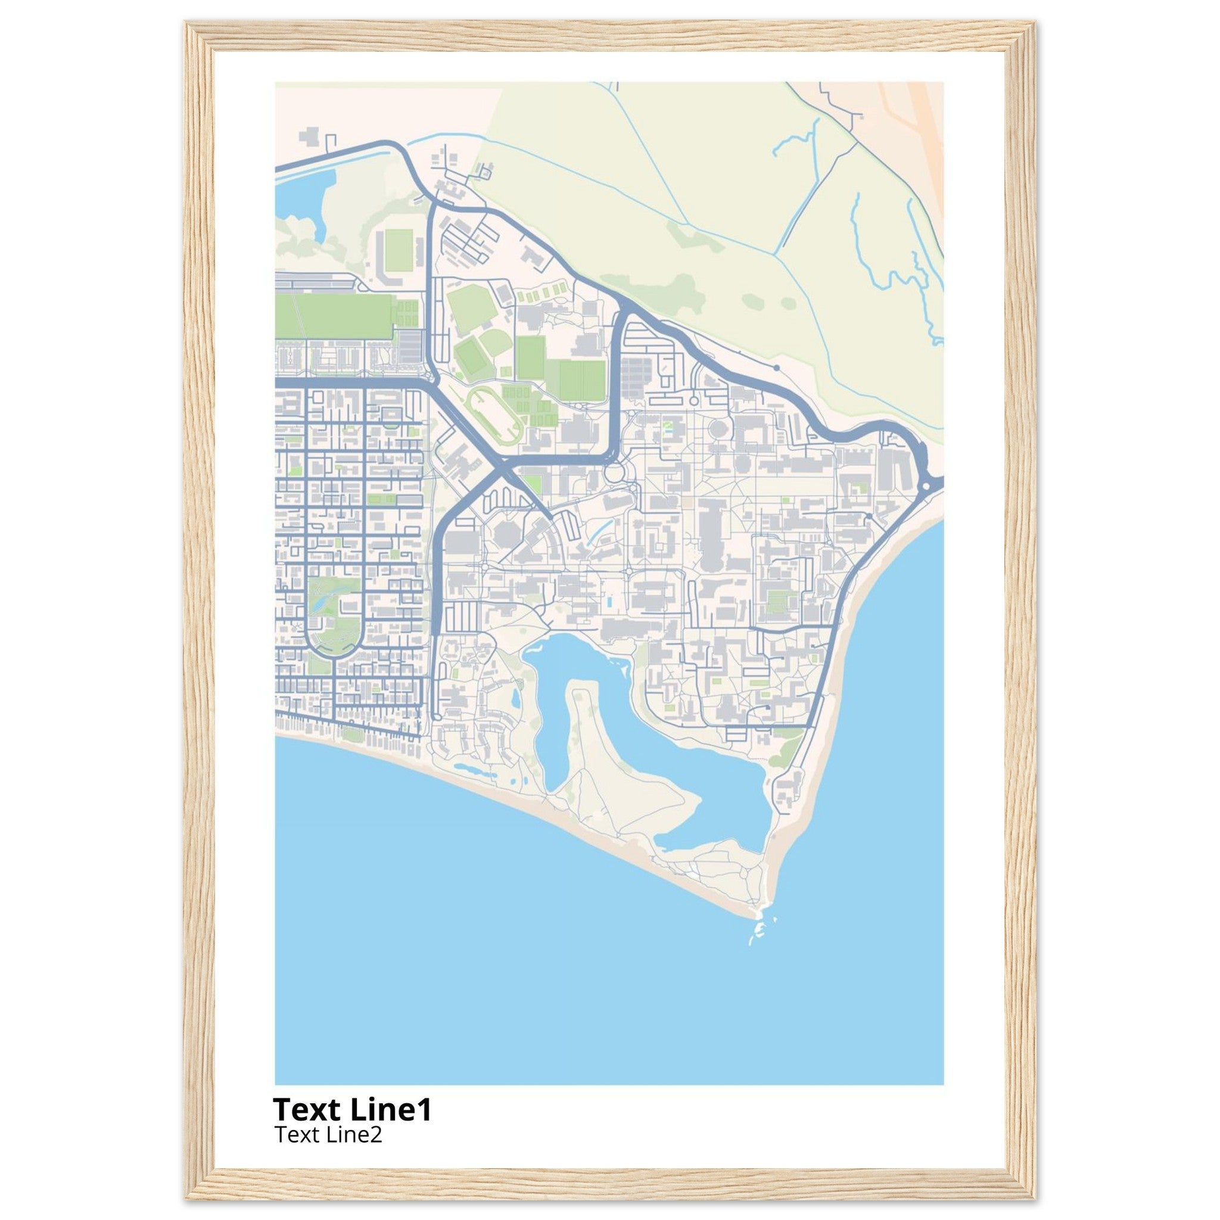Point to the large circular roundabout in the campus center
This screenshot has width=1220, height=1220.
click(x=613, y=471)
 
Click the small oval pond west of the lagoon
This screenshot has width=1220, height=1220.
click(x=516, y=698)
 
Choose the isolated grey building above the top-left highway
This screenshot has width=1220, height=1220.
click(x=309, y=137)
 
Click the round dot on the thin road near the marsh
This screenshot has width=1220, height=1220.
click(x=777, y=367)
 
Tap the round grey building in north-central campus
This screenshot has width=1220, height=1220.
click(x=718, y=430)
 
